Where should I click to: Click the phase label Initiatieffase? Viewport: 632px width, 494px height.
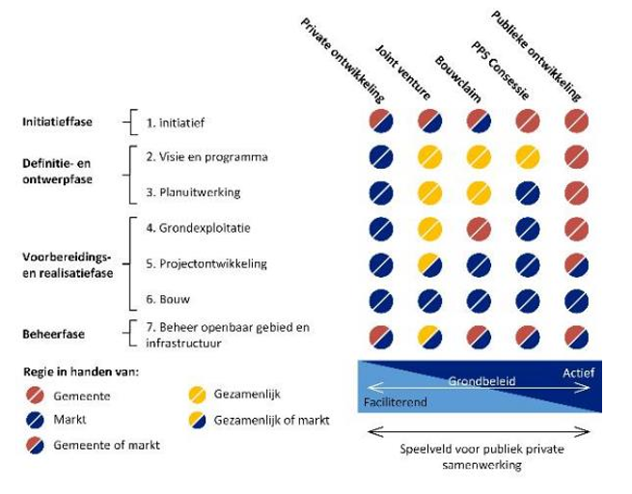click(x=59, y=123)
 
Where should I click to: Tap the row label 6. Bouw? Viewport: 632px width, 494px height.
click(x=168, y=299)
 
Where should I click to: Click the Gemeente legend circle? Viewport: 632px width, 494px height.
click(x=35, y=396)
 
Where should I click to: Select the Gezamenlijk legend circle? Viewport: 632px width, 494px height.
click(x=197, y=396)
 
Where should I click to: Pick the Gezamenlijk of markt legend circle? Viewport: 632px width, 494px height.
click(x=197, y=420)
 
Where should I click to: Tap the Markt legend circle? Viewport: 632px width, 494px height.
click(x=35, y=420)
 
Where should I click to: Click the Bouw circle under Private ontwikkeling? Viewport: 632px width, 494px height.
click(x=381, y=299)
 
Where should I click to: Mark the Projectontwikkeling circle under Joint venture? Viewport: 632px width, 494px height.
click(x=430, y=263)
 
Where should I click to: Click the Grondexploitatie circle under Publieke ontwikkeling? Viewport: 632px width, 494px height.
click(x=576, y=228)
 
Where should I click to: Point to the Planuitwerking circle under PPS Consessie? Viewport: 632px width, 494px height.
click(x=527, y=192)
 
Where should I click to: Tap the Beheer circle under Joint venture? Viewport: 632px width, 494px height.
click(x=430, y=335)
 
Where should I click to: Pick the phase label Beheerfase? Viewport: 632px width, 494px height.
click(x=54, y=334)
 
